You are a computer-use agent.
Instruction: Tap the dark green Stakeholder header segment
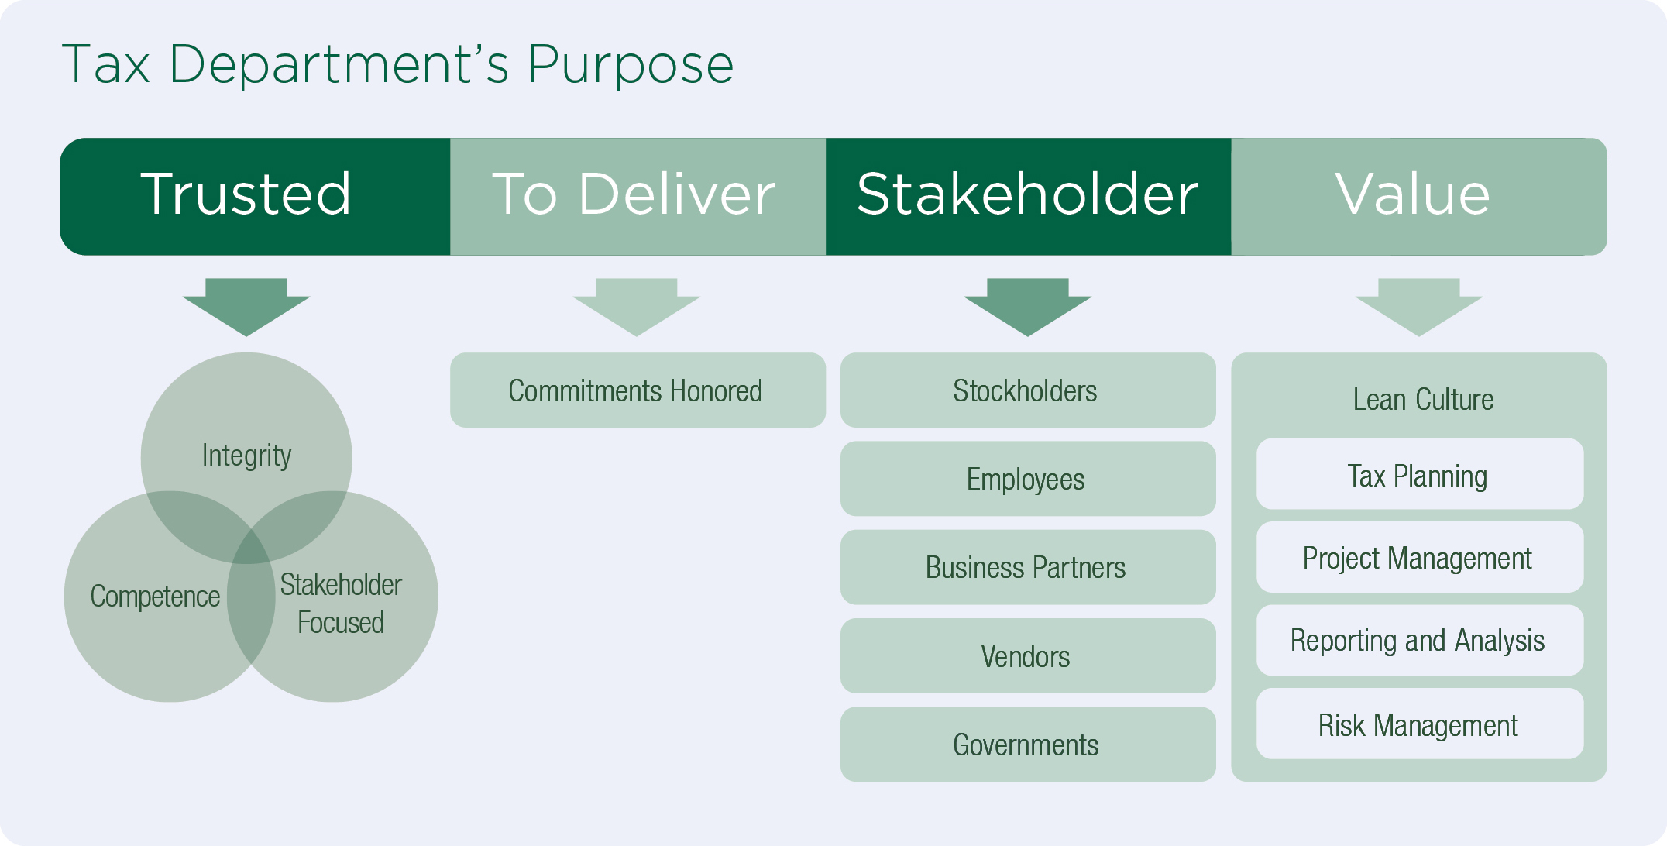pos(1028,196)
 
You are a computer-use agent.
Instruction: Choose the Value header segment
pos(1418,196)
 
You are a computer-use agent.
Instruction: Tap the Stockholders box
pos(1027,390)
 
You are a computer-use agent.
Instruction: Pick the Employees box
pos(1027,479)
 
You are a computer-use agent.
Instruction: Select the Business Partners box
pos(1027,567)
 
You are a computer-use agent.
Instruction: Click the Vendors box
pos(1027,655)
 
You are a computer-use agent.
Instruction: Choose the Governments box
pos(1027,744)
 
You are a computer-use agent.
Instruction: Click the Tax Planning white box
pos(1419,474)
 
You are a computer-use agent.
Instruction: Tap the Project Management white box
pos(1419,557)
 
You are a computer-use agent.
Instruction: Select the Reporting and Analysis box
pos(1419,640)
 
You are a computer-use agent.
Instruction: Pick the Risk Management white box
pos(1419,724)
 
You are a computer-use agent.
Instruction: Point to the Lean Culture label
pos(1423,400)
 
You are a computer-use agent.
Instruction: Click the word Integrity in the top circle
pos(246,456)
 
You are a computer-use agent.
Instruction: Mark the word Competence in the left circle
pos(155,597)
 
